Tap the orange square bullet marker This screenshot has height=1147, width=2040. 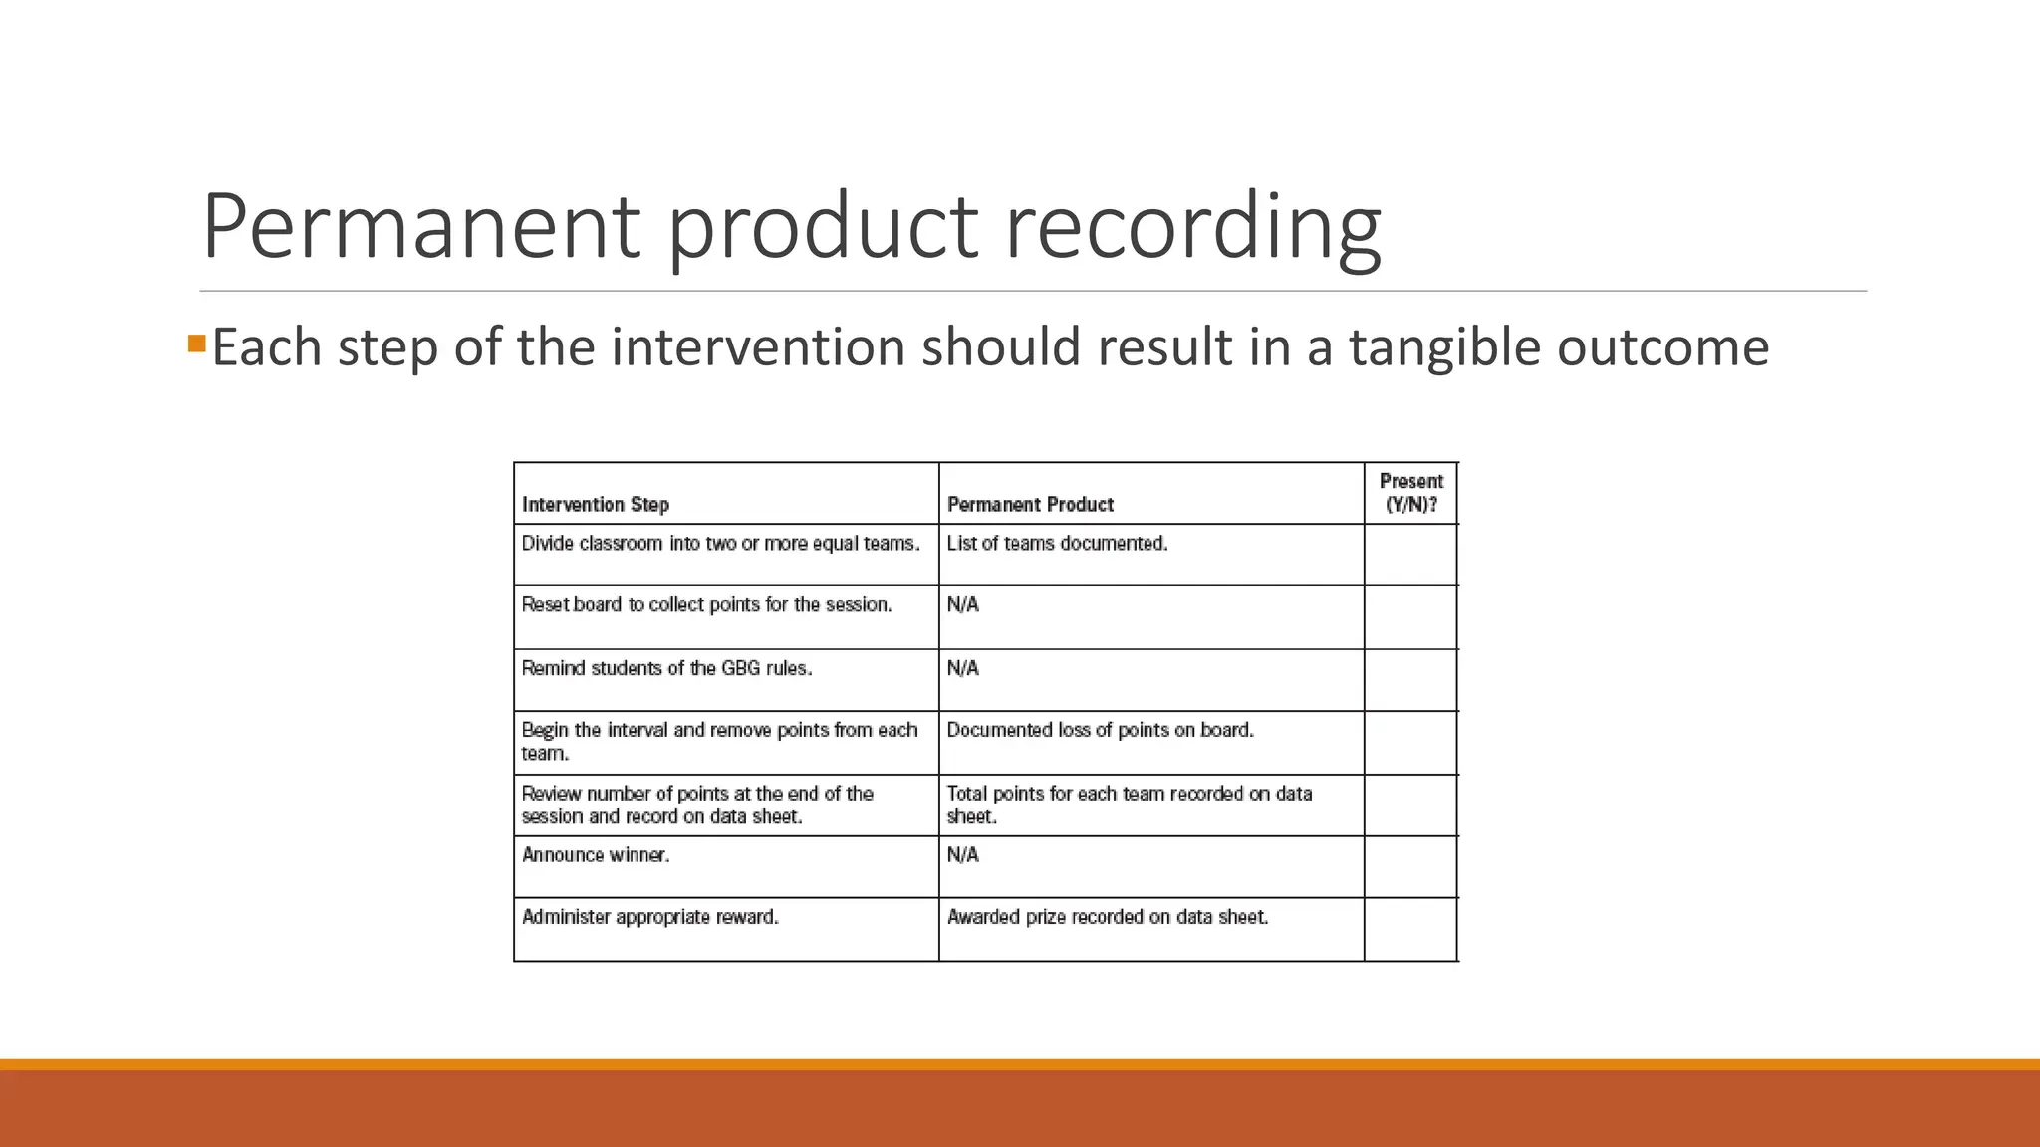point(196,344)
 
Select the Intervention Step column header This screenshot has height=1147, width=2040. point(596,504)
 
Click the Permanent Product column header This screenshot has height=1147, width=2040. point(1030,504)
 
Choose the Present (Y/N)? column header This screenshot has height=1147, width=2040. point(1410,493)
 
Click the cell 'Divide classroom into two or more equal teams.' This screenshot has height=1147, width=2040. point(720,544)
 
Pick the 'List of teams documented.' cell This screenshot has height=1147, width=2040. point(1057,544)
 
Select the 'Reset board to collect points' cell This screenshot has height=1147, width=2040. point(706,605)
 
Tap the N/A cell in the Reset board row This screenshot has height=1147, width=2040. point(963,605)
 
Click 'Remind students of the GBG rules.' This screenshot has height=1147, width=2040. point(666,668)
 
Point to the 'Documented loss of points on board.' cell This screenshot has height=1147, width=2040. point(1100,730)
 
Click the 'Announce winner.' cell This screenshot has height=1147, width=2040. point(596,855)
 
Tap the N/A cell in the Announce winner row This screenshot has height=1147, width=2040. point(963,855)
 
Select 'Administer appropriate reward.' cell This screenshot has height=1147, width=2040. point(649,917)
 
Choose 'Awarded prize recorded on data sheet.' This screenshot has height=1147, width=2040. point(1107,917)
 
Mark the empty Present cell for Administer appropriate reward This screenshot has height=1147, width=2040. point(1410,929)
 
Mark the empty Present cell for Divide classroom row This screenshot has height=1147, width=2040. point(1410,555)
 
